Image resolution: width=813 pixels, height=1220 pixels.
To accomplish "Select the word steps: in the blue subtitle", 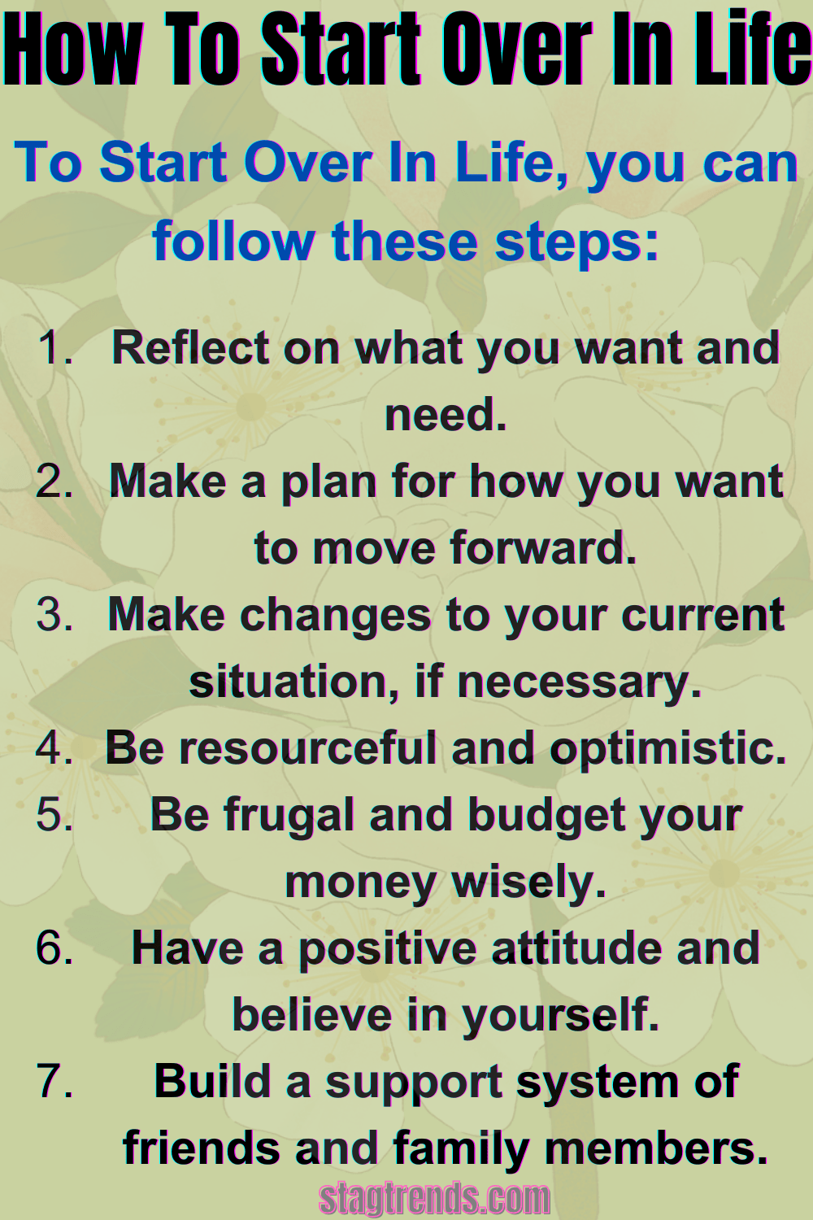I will click(576, 242).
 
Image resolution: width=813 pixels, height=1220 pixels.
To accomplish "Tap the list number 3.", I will click(54, 614).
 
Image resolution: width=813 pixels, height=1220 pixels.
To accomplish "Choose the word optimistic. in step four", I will click(668, 749).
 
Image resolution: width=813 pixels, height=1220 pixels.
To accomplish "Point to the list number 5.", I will click(54, 814).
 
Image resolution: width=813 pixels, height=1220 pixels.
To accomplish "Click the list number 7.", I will click(54, 1082).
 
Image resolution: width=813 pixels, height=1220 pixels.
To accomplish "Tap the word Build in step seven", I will click(212, 1082).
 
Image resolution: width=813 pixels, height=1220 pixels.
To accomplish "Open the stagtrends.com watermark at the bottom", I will click(434, 1198).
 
